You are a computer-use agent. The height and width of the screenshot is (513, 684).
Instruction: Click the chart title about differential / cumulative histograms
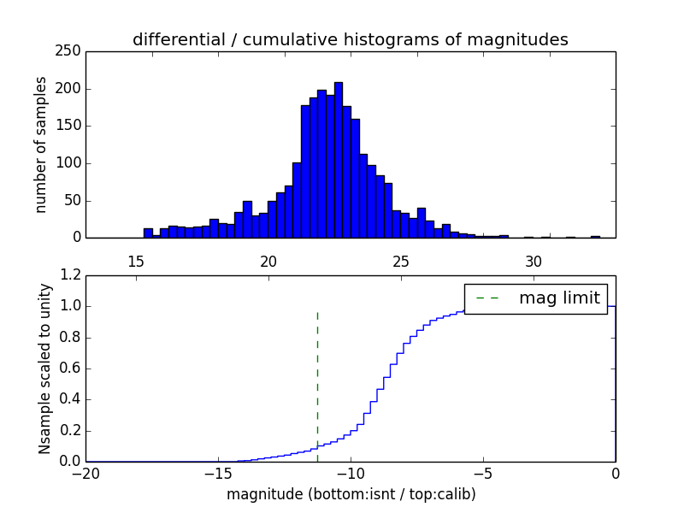click(x=350, y=40)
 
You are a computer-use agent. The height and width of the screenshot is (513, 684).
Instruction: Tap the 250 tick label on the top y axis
click(x=71, y=52)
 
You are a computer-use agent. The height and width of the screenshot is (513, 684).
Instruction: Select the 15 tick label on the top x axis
click(x=136, y=262)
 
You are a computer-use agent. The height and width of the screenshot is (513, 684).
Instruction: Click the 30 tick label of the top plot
click(x=534, y=262)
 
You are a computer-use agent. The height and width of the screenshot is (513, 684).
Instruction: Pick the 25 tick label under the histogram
click(x=402, y=262)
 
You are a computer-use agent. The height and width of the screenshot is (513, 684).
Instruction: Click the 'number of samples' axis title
click(x=41, y=144)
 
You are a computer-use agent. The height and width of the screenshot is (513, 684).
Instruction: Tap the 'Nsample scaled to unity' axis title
click(x=44, y=369)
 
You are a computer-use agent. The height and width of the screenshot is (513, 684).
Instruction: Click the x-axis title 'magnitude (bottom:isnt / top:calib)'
click(x=351, y=494)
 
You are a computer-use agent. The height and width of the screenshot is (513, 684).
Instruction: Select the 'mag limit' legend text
click(x=559, y=298)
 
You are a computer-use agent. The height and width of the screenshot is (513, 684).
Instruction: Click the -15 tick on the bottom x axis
click(x=218, y=474)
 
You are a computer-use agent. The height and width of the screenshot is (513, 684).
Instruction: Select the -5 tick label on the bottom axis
click(x=483, y=474)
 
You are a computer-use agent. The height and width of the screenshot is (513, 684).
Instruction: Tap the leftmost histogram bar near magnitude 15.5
click(x=148, y=233)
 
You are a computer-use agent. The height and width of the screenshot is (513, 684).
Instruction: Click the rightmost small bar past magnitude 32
click(x=595, y=237)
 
